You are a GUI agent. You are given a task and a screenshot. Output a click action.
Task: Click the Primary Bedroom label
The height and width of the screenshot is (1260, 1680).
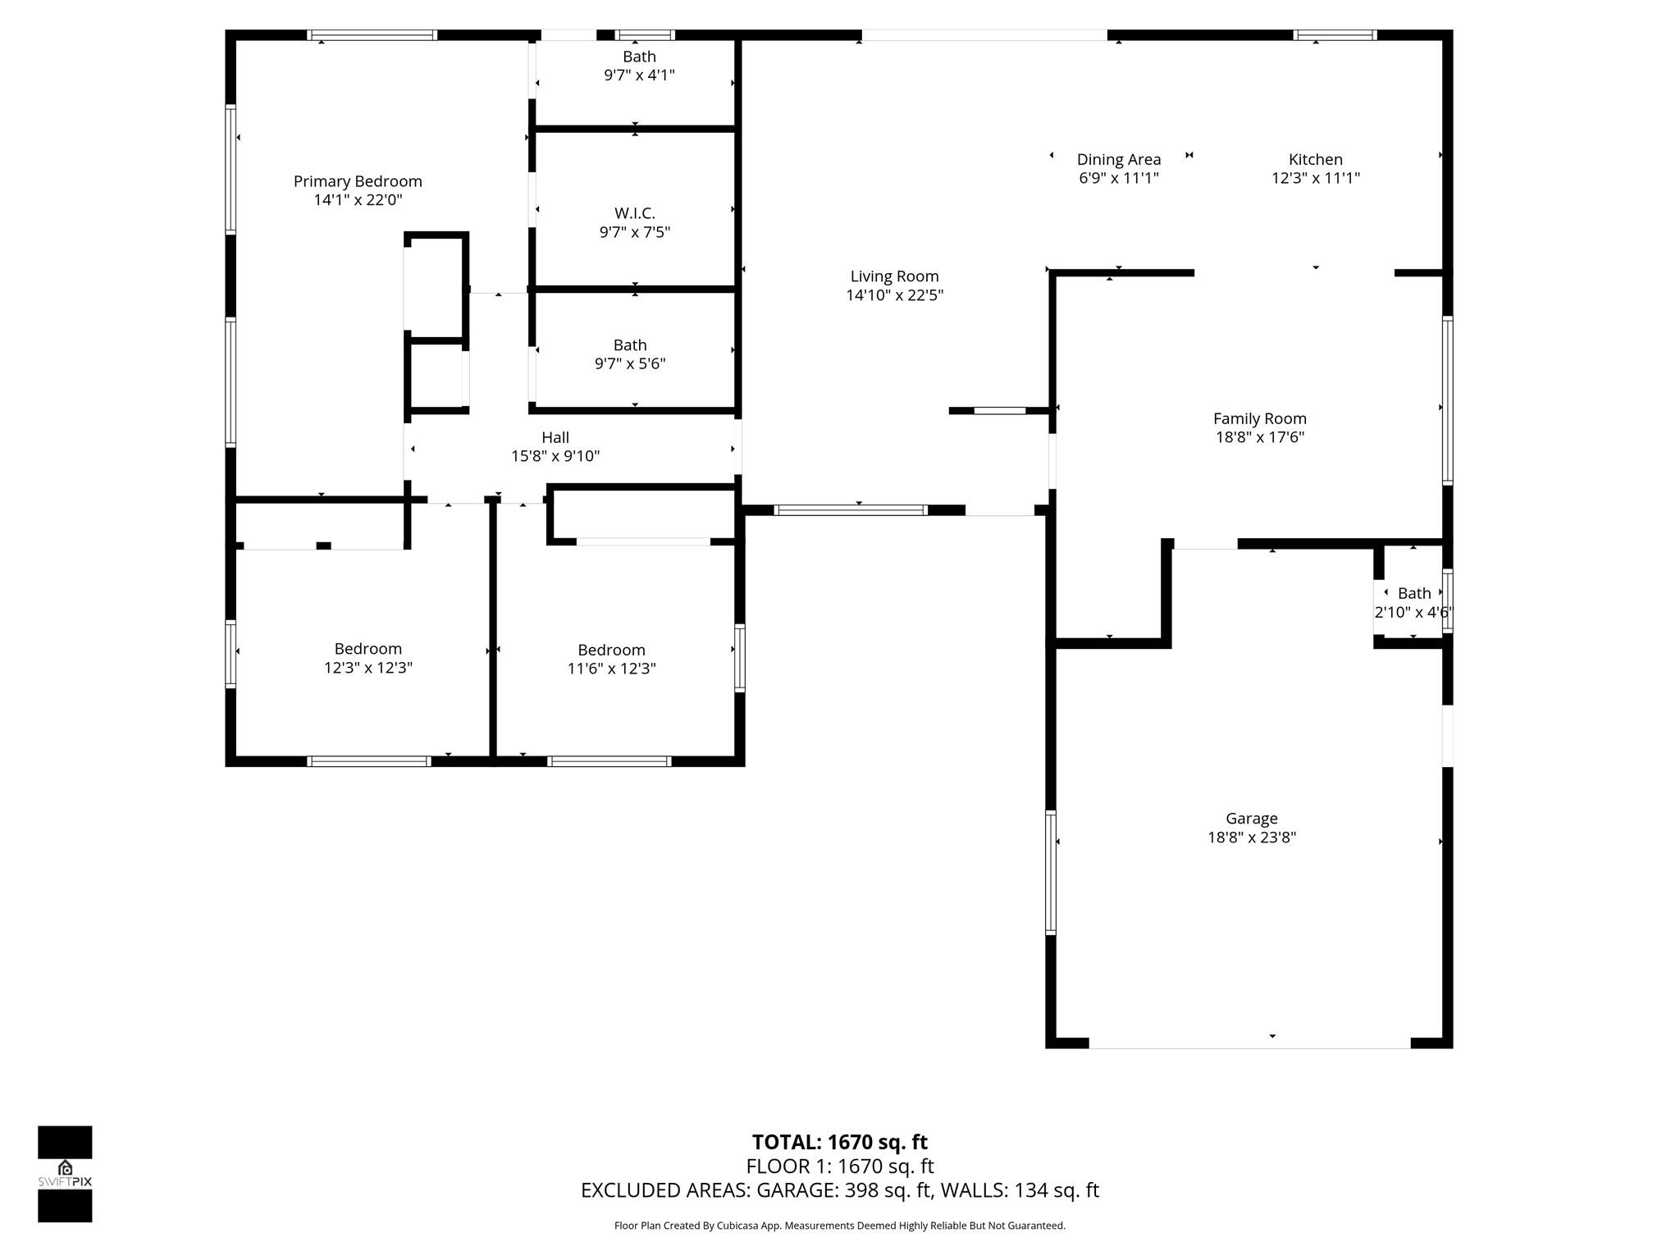tap(358, 181)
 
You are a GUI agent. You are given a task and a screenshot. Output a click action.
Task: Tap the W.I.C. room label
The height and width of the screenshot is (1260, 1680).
tap(634, 213)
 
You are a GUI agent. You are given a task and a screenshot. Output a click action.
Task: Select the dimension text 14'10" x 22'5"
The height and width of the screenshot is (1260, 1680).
tap(894, 295)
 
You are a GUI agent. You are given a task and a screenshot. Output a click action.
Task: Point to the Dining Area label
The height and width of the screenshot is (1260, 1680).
tap(1118, 159)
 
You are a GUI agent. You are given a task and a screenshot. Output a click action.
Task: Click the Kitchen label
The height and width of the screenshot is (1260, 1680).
tap(1315, 159)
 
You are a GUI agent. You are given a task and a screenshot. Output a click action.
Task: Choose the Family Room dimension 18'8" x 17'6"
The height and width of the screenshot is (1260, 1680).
tap(1259, 437)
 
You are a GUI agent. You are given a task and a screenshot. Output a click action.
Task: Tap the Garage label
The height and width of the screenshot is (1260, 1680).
tap(1251, 818)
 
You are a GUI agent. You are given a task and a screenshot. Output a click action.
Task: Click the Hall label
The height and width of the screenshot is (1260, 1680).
tap(555, 437)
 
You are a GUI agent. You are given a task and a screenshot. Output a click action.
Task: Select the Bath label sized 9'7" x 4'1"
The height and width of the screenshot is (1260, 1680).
tap(639, 57)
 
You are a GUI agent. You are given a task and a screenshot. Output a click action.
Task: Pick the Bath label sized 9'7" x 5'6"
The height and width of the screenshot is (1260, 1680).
tap(629, 345)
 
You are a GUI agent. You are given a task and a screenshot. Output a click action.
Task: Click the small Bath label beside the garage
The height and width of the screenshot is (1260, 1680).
tap(1413, 593)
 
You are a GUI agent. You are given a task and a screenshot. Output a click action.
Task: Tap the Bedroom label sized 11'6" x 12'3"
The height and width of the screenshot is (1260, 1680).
tap(611, 650)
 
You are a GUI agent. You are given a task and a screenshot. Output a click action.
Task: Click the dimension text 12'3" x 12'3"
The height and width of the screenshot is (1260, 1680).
tap(367, 668)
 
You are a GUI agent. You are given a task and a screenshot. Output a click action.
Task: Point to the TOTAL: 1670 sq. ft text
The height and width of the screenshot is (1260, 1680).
tap(839, 1142)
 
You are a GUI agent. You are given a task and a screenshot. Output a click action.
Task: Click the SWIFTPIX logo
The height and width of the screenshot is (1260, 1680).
tap(65, 1173)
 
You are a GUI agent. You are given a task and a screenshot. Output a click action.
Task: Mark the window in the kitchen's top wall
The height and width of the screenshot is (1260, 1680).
tap(1335, 35)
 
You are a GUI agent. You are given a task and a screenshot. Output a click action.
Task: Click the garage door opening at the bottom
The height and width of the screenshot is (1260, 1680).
tap(1249, 1043)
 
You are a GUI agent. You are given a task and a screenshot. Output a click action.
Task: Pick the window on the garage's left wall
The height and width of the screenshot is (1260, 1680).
tap(1050, 872)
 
